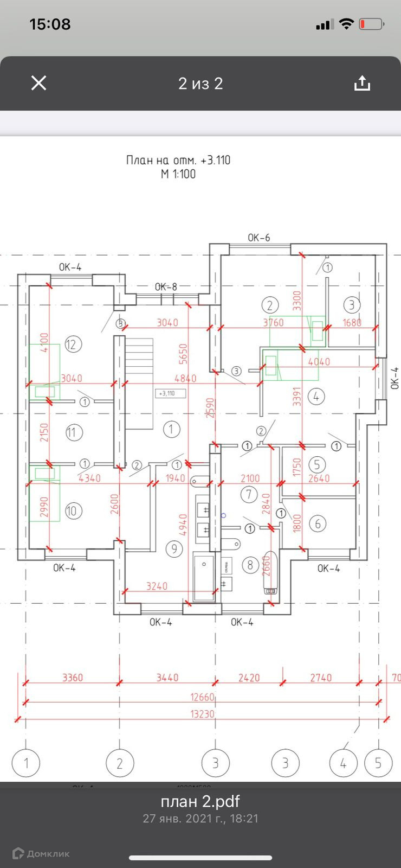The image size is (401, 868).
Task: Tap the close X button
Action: click(x=38, y=83)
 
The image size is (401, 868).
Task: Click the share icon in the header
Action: click(x=362, y=83)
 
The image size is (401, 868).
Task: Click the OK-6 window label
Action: click(x=258, y=238)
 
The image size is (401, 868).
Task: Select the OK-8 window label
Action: click(x=166, y=287)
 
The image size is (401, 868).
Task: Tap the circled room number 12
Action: click(x=73, y=344)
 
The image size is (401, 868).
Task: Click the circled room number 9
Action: click(x=174, y=549)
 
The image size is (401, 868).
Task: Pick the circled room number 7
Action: click(x=249, y=494)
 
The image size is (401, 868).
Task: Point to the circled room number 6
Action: click(x=318, y=524)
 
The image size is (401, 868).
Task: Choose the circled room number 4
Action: click(x=316, y=397)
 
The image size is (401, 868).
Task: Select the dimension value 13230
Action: click(x=202, y=714)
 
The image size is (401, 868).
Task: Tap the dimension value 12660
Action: click(x=202, y=697)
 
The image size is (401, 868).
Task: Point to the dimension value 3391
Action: click(x=296, y=397)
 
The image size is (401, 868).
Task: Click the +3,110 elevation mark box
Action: click(x=170, y=393)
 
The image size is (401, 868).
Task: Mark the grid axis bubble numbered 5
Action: click(x=378, y=763)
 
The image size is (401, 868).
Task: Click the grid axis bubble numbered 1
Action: click(x=26, y=763)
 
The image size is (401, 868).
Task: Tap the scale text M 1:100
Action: click(x=178, y=174)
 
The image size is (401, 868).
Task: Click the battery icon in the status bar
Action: click(x=372, y=24)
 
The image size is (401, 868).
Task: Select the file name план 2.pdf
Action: click(x=200, y=801)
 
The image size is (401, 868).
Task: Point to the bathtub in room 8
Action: click(x=270, y=573)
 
